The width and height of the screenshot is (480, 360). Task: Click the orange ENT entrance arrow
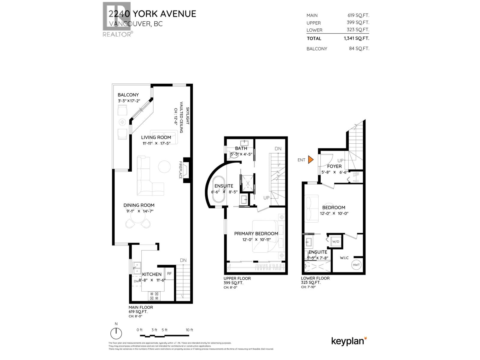[x=311, y=160]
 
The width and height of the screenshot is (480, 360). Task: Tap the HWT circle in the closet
[x=356, y=265]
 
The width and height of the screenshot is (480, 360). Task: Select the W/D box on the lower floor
[x=335, y=241]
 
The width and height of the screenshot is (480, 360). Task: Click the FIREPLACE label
[x=181, y=170]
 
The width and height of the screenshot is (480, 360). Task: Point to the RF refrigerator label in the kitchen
[x=169, y=273]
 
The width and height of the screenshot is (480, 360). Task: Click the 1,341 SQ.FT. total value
[x=356, y=38]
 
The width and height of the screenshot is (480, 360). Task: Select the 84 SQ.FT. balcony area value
[x=359, y=49]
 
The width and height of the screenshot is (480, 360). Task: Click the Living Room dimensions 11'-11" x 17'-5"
[x=156, y=143]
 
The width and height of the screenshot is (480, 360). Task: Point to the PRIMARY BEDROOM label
[x=256, y=233]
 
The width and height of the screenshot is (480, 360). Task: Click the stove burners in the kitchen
[x=154, y=296]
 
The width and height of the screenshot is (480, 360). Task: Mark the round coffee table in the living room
[x=164, y=167]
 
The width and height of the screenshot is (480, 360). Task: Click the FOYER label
[x=334, y=166]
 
